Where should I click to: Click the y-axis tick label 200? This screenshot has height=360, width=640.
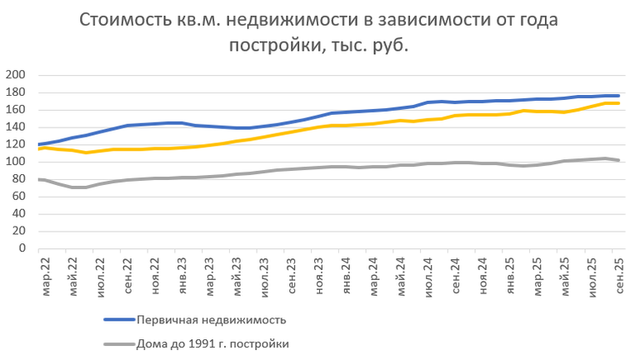coord(18,75)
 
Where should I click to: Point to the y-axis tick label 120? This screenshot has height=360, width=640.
coord(18,144)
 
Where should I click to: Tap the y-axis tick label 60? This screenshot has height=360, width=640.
coord(21,197)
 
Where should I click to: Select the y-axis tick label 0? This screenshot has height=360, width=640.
coord(24,248)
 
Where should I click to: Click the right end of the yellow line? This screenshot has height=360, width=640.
coord(617,102)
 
